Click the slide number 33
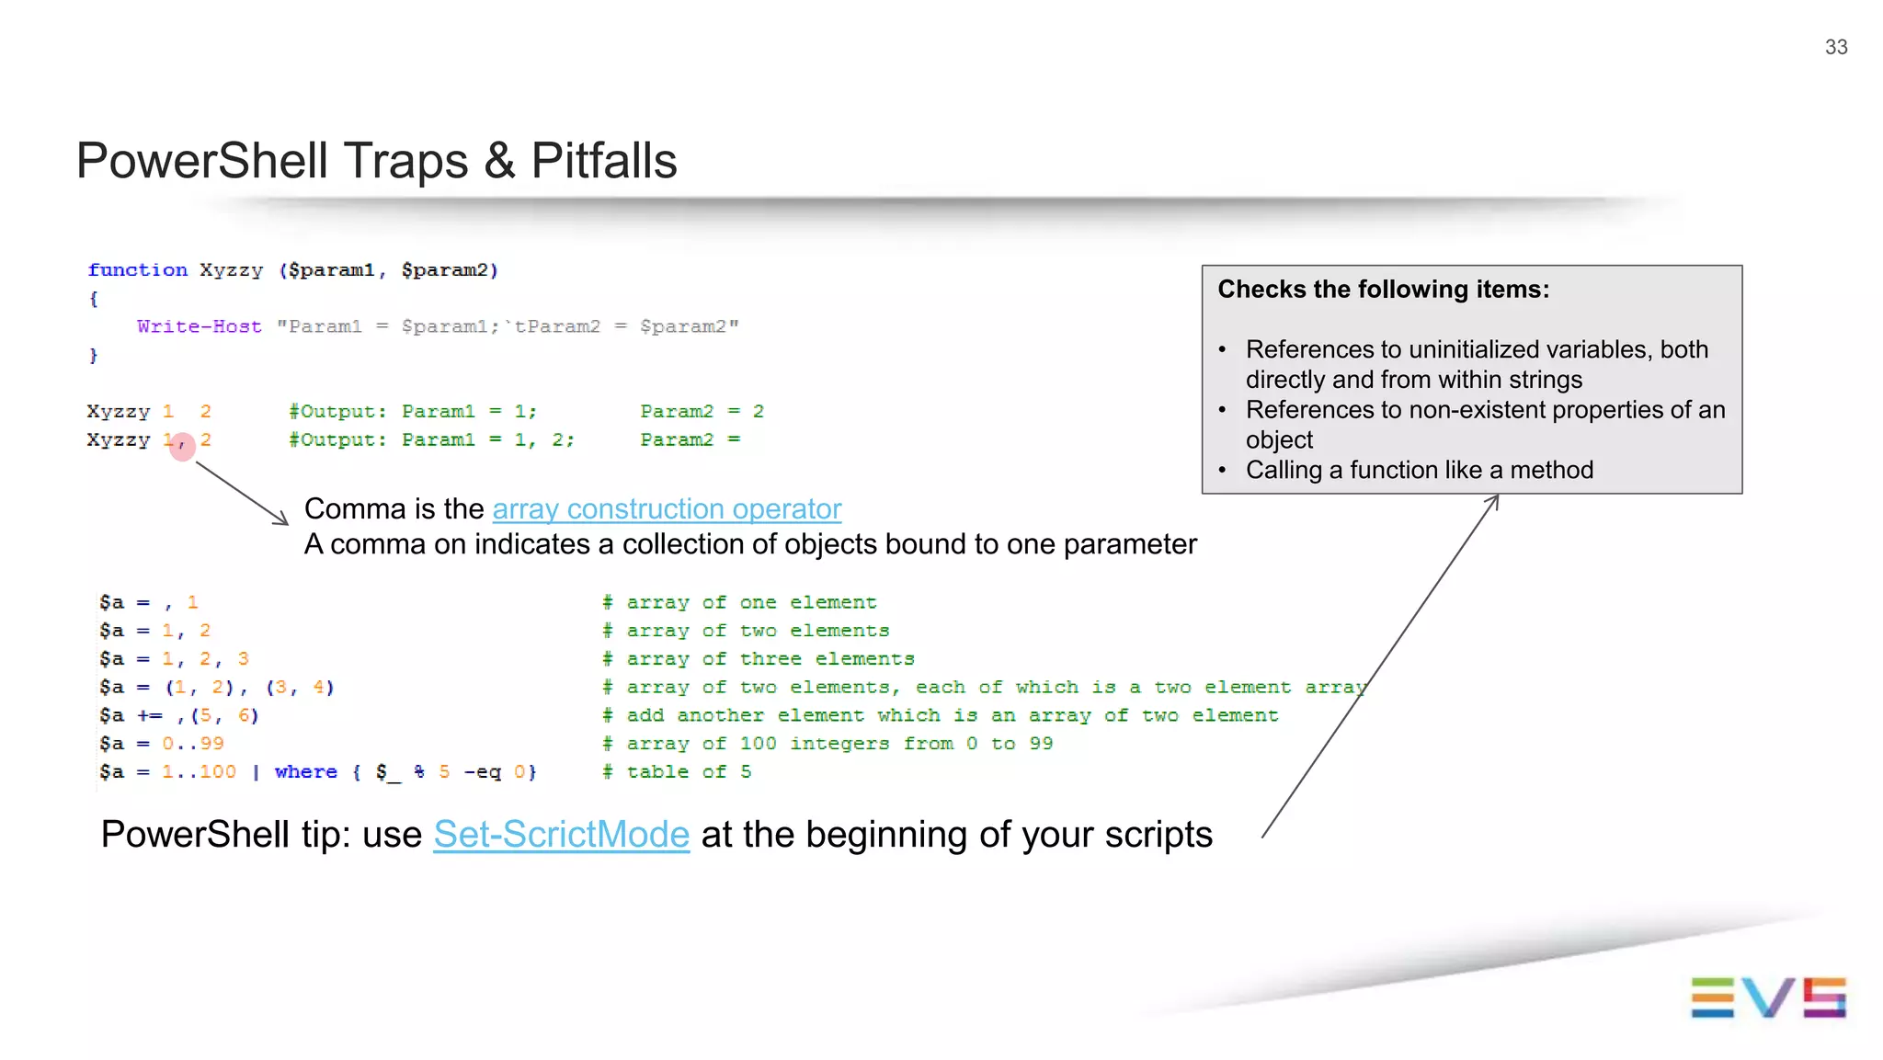(x=1835, y=47)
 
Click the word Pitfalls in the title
(x=603, y=161)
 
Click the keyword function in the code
(x=137, y=269)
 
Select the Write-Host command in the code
(x=199, y=326)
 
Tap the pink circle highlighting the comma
(x=182, y=447)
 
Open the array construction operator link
(x=667, y=508)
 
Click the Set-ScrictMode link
(x=561, y=835)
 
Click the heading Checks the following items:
(x=1383, y=290)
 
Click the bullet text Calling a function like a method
(x=1419, y=470)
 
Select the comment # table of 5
(x=677, y=771)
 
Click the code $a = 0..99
(x=162, y=743)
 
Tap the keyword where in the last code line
(x=305, y=771)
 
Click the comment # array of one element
(x=739, y=602)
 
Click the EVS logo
(x=1767, y=997)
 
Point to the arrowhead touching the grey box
(x=1495, y=500)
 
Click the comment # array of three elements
(x=758, y=658)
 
